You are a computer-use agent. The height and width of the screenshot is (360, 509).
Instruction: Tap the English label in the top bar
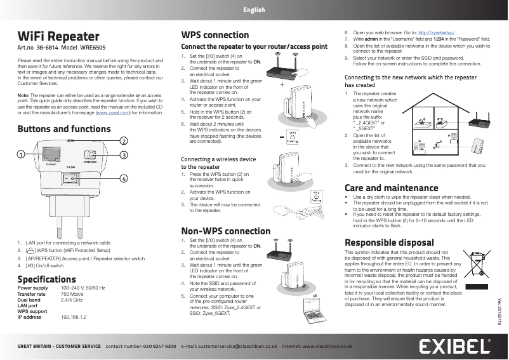click(x=254, y=10)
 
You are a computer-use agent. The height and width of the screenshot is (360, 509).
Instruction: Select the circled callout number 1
click(x=21, y=154)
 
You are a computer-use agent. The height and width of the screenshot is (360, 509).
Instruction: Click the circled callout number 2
click(x=124, y=140)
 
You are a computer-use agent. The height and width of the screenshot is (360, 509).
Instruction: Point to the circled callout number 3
click(x=124, y=155)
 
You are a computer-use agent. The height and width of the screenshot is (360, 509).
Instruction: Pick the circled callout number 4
click(x=124, y=178)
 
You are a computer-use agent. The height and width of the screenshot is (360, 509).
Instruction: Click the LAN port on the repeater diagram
click(x=50, y=154)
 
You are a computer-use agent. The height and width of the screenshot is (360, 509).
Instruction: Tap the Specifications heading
click(x=46, y=279)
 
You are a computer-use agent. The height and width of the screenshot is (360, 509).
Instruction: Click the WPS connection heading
click(x=215, y=35)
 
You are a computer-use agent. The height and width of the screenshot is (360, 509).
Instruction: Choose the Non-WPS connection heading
click(x=225, y=231)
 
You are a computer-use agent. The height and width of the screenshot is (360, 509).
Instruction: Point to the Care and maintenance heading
click(x=391, y=188)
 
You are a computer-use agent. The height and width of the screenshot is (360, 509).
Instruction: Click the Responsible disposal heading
click(x=389, y=243)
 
